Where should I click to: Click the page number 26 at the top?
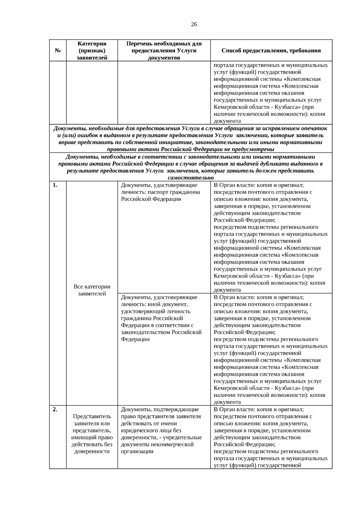(x=194, y=25)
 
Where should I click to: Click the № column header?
(x=58, y=51)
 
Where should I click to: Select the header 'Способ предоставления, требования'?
(x=271, y=51)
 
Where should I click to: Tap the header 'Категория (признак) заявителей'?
(x=92, y=51)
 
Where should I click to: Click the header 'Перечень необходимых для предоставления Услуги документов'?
(x=164, y=51)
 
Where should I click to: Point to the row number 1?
(x=55, y=185)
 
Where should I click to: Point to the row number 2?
(x=55, y=409)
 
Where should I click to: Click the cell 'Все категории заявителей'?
(x=92, y=290)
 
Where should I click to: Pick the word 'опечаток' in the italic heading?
(x=314, y=128)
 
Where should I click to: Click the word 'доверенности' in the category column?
(x=92, y=451)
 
